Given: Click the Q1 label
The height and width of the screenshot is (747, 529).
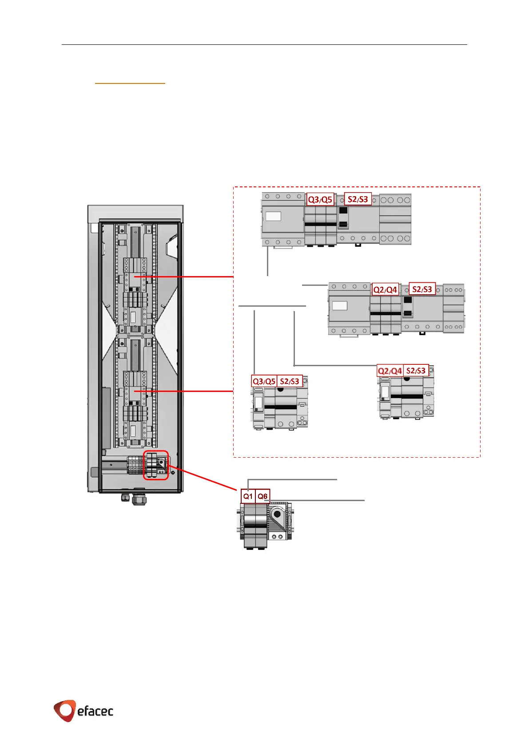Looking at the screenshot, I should pos(248,496).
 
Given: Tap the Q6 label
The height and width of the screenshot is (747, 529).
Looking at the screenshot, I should pos(263,496).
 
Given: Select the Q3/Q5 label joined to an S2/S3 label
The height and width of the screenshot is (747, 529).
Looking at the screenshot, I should pos(264,381).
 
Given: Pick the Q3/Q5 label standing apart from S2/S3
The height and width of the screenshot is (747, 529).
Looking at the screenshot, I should pos(320,199).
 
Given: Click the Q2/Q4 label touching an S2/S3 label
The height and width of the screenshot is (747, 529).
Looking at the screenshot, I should pos(390,371).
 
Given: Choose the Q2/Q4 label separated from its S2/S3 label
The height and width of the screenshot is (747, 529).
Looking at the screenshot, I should pos(385,289).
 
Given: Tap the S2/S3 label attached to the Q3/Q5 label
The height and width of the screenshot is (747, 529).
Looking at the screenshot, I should pos(290,381).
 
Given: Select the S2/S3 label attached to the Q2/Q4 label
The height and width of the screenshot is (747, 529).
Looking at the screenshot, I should pos(416,371).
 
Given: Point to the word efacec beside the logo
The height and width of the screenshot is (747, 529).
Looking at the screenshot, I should pos(95,711).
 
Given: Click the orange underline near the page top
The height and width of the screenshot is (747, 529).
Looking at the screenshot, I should pos(130,83).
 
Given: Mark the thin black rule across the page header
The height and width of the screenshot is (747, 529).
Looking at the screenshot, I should pos(264,44).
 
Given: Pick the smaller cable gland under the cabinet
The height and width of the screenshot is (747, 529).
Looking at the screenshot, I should pos(126,498).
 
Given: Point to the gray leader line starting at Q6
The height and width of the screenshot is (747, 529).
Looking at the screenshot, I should pos(315,500).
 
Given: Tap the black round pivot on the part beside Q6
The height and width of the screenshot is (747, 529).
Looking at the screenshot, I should pos(278,514).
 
